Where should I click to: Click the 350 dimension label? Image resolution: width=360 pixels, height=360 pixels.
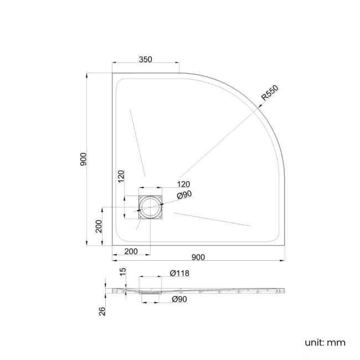tap(146, 59)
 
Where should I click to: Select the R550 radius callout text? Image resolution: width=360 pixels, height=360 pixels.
tap(270, 95)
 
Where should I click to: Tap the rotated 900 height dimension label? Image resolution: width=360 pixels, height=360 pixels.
tap(83, 159)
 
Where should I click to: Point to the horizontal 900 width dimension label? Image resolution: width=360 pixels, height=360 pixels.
tap(198, 256)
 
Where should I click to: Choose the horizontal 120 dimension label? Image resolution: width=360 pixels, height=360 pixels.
tap(183, 184)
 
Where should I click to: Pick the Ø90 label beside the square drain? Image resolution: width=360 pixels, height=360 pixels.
tap(184, 195)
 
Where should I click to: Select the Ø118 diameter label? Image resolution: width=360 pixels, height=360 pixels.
tap(179, 273)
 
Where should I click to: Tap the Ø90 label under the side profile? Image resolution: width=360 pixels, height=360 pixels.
tap(179, 299)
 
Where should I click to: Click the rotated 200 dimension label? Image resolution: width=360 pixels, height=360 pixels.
tap(99, 227)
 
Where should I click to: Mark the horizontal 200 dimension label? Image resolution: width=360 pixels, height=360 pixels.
tap(131, 252)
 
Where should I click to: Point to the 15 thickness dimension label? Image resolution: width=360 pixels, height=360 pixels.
tap(123, 272)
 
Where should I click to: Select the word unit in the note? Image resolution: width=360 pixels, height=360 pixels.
tap(314, 342)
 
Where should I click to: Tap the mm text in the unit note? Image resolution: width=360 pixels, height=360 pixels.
tap(337, 342)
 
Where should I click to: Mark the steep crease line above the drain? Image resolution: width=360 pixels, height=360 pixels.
tap(137, 142)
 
